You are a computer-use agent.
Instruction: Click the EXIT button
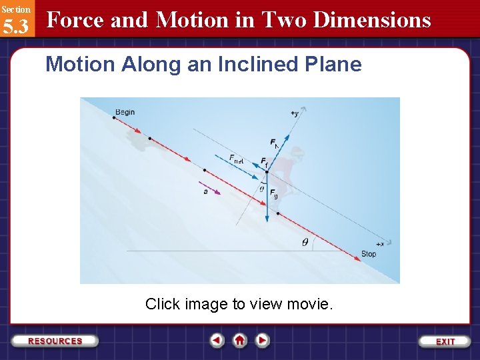(x=445, y=341)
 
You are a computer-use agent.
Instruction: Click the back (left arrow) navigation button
(x=217, y=341)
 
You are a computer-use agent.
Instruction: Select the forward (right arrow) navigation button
(x=263, y=341)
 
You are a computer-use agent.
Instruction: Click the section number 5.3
(x=15, y=27)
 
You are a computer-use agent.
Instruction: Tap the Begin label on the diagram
(x=125, y=112)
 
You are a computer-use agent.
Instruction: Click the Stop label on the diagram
(x=368, y=254)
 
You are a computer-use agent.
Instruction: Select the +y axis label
(x=294, y=114)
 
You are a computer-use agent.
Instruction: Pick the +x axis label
(x=383, y=244)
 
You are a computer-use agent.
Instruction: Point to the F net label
(x=237, y=159)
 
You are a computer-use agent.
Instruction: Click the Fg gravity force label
(x=273, y=193)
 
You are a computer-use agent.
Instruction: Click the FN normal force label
(x=274, y=143)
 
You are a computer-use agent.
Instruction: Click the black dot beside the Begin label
(x=114, y=117)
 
